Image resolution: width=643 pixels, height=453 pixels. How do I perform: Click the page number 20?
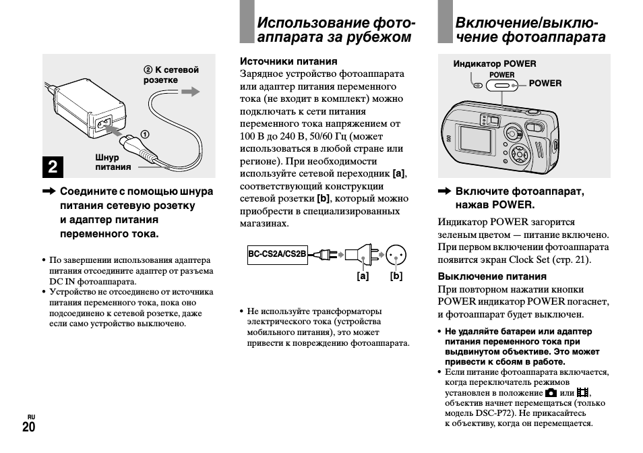(29, 427)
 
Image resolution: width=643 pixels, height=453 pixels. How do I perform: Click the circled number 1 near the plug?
(144, 134)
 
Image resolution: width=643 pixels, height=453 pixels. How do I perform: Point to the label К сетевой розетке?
(171, 75)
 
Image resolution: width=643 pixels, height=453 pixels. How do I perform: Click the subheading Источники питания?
(279, 61)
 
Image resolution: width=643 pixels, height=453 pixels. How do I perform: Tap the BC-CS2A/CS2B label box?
(277, 254)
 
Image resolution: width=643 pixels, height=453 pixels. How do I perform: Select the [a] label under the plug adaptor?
(363, 276)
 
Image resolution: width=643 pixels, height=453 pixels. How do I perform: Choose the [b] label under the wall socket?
(396, 276)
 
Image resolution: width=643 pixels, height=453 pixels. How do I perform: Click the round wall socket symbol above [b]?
(396, 254)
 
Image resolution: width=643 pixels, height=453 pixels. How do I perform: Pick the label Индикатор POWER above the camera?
(495, 64)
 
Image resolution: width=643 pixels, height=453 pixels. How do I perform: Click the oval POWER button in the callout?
(501, 85)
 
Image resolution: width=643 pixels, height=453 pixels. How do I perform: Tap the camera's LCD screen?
(477, 142)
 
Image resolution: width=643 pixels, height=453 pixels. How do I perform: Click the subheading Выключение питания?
(492, 276)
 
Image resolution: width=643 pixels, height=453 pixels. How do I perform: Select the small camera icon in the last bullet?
(551, 392)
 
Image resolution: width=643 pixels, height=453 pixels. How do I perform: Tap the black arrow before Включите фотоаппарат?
(444, 192)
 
